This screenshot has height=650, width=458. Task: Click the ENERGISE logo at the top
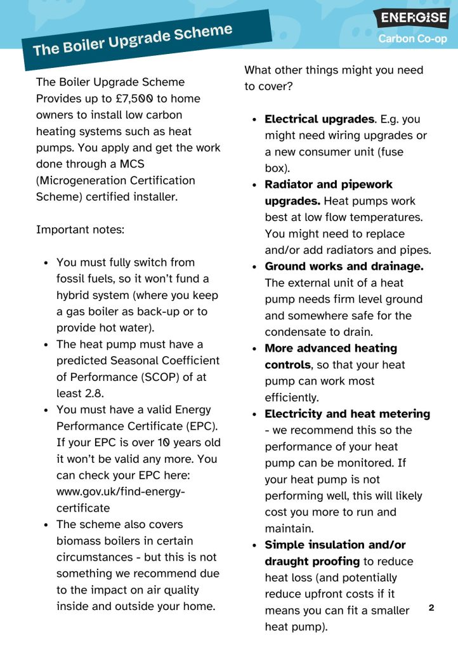[410, 18]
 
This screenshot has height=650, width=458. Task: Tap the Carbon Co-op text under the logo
[412, 39]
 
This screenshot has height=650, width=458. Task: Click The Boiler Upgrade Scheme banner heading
[133, 39]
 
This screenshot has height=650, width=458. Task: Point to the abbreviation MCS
[133, 164]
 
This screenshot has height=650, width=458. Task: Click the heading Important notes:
[81, 229]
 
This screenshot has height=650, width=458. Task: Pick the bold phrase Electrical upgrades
[319, 119]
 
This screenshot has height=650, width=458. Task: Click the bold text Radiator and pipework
[329, 185]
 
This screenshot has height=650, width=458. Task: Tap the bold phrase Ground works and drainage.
[344, 267]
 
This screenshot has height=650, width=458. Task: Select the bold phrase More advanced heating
[330, 348]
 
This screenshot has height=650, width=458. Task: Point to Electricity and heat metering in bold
[347, 414]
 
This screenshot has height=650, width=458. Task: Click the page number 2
[431, 607]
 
